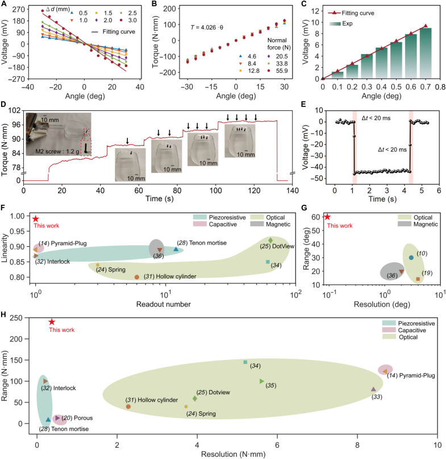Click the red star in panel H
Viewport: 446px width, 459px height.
click(x=52, y=322)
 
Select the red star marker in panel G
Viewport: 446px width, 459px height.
click(x=327, y=217)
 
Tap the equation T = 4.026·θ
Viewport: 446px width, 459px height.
click(x=207, y=27)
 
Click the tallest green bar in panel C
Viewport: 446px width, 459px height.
click(x=426, y=53)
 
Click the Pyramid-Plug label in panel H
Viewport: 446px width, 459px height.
click(x=411, y=375)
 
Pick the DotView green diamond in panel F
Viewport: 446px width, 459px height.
click(x=270, y=241)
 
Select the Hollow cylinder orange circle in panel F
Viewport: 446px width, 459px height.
click(x=136, y=277)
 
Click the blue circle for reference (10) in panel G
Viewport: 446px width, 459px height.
click(x=411, y=258)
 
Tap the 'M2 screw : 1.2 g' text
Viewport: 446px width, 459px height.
click(x=57, y=152)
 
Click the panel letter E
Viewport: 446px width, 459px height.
click(x=303, y=104)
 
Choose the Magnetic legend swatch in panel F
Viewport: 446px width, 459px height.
click(x=257, y=224)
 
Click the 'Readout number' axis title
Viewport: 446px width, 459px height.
click(x=164, y=304)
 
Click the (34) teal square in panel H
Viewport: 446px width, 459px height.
click(x=245, y=362)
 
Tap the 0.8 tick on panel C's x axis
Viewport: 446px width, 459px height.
click(x=440, y=87)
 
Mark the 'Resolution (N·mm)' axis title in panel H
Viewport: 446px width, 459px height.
click(x=234, y=454)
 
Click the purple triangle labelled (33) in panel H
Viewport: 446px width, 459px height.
click(x=373, y=389)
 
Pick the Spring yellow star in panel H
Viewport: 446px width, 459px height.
click(x=186, y=407)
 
